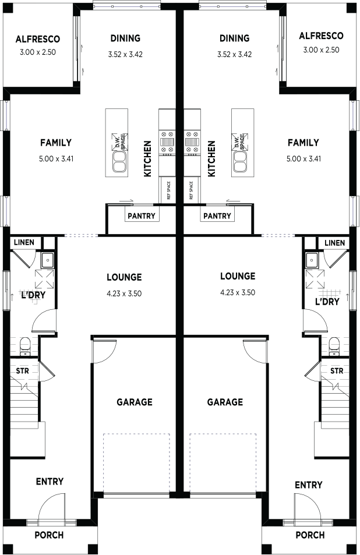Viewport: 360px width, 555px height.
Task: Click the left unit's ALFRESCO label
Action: click(37, 39)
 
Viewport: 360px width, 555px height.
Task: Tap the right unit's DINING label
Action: click(234, 38)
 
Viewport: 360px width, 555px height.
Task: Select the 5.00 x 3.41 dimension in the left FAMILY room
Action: click(57, 159)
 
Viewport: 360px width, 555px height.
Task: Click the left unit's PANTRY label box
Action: click(142, 215)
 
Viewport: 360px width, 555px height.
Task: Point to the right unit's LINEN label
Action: click(334, 243)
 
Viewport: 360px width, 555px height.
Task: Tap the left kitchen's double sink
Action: click(119, 161)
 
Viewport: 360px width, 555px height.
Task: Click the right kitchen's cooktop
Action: click(192, 143)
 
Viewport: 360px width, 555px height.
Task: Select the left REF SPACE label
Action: click(168, 190)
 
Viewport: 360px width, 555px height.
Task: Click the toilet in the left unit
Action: click(25, 346)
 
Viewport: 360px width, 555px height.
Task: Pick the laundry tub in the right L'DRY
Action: click(312, 260)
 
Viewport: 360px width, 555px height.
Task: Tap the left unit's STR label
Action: click(22, 371)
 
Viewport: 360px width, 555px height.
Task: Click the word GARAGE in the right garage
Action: click(225, 402)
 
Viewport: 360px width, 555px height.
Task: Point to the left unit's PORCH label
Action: click(49, 535)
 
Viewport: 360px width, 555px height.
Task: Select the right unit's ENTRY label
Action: click(309, 485)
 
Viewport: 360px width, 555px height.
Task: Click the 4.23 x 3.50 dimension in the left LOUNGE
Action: click(124, 294)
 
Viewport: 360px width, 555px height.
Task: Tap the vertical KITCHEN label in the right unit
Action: click(211, 158)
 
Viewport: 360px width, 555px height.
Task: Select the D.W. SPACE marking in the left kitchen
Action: click(119, 142)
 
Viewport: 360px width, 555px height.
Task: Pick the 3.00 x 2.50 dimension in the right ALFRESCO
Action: click(321, 50)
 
